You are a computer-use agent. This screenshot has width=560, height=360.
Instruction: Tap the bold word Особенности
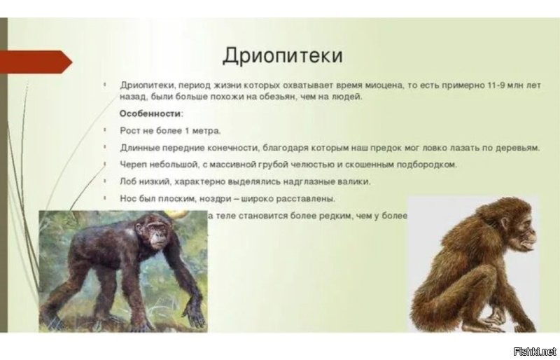(150, 113)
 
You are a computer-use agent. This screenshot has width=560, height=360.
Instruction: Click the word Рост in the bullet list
(130, 130)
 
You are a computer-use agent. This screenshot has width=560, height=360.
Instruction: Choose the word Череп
(134, 165)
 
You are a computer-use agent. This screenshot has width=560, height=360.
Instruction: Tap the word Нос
(129, 198)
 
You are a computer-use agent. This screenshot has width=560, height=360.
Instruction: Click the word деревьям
(517, 148)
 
